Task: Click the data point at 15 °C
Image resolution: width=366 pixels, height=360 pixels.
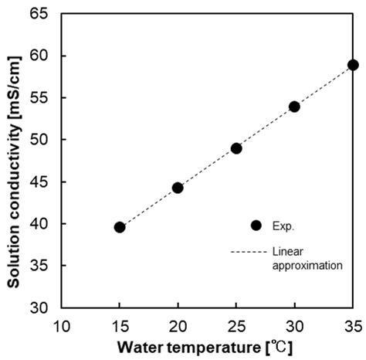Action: coord(120,227)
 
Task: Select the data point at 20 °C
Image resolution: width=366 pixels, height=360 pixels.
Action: coord(178,188)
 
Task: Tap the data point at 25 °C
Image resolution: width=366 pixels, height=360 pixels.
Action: coord(236,148)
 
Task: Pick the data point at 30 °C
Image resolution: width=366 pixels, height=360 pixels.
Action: coord(294,107)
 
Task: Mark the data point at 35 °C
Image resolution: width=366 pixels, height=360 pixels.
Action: coord(353,65)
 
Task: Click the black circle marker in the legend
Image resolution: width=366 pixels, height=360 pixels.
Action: coord(256,225)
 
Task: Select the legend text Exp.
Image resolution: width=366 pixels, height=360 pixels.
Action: coord(283,226)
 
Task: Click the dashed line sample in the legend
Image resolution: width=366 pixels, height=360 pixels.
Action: coord(249,251)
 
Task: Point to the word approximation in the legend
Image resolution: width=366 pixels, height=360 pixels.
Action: coord(307,264)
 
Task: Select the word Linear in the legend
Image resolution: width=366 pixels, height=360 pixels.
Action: coord(286,251)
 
